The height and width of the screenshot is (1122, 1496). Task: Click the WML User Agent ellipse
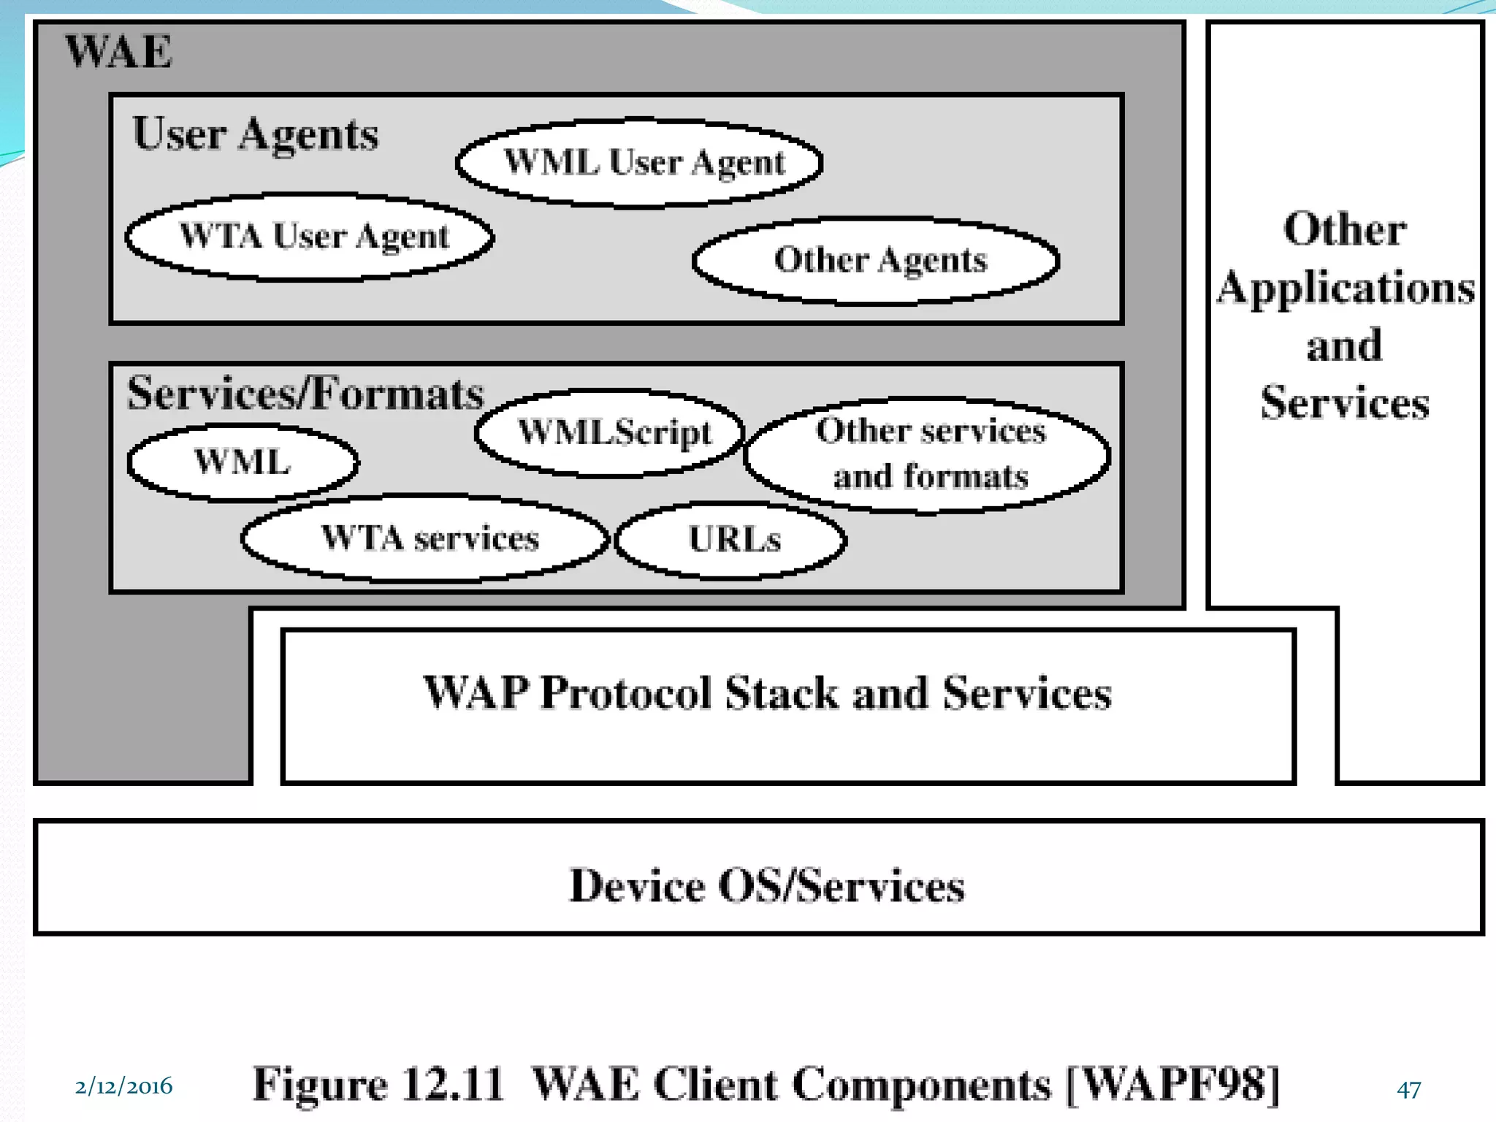pyautogui.click(x=640, y=162)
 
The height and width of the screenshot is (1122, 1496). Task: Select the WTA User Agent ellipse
pyautogui.click(x=310, y=237)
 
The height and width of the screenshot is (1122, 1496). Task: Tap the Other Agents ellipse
pyautogui.click(x=877, y=260)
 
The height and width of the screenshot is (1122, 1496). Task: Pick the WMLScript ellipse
pyautogui.click(x=611, y=432)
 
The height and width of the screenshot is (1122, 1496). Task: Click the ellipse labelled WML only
pyautogui.click(x=243, y=462)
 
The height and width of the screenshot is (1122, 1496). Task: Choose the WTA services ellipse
pyautogui.click(x=427, y=538)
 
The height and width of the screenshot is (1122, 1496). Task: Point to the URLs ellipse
pyautogui.click(x=732, y=540)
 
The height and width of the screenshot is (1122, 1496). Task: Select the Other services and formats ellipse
pyautogui.click(x=928, y=454)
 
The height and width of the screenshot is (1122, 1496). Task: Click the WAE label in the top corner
pyautogui.click(x=119, y=52)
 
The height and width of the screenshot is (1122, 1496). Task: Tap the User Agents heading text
pyautogui.click(x=255, y=134)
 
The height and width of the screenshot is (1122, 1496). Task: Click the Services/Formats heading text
pyautogui.click(x=305, y=394)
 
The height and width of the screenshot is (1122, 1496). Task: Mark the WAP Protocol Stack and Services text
pyautogui.click(x=767, y=692)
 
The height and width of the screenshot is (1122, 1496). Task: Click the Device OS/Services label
pyautogui.click(x=767, y=885)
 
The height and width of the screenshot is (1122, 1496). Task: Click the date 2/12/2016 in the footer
pyautogui.click(x=123, y=1086)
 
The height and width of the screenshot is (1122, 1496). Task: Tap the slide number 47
pyautogui.click(x=1408, y=1089)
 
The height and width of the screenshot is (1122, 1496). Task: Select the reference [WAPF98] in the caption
pyautogui.click(x=1173, y=1084)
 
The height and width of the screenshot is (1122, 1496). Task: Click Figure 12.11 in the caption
pyautogui.click(x=378, y=1084)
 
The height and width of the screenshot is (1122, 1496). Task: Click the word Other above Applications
pyautogui.click(x=1345, y=229)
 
